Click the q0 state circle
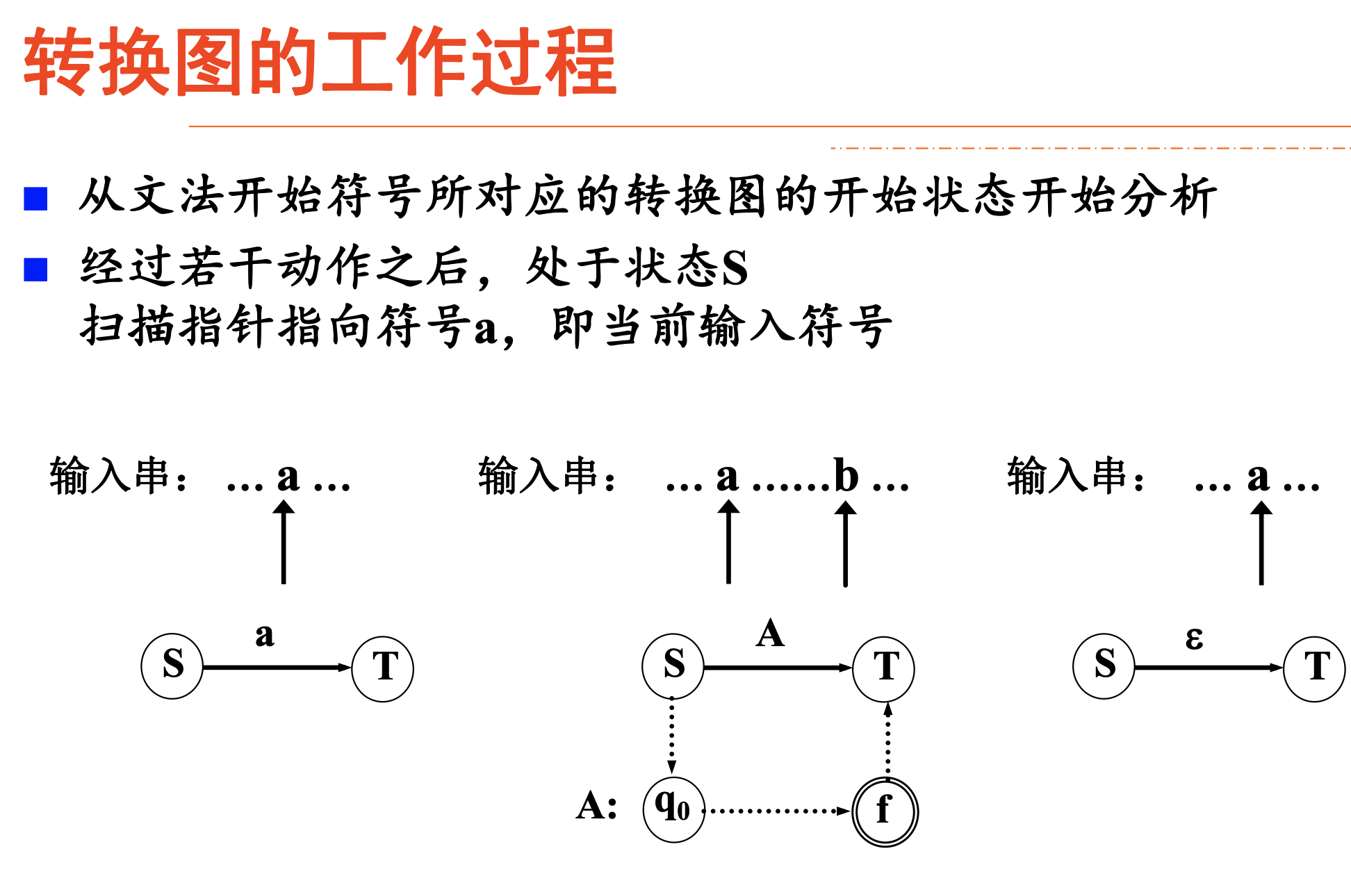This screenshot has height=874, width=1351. pyautogui.click(x=673, y=809)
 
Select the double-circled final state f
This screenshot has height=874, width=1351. pyautogui.click(x=885, y=811)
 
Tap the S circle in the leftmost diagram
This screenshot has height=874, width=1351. pyautogui.click(x=172, y=666)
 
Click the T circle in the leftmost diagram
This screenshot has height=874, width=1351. pyautogui.click(x=383, y=668)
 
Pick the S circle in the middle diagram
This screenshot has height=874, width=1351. pyautogui.click(x=673, y=666)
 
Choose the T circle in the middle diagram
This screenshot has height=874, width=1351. pyautogui.click(x=884, y=668)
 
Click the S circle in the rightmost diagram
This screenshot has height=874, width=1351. pyautogui.click(x=1104, y=666)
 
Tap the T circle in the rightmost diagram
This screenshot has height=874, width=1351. pyautogui.click(x=1314, y=668)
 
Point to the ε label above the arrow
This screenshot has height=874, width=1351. pyautogui.click(x=1194, y=638)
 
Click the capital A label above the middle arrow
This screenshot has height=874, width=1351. pyautogui.click(x=770, y=634)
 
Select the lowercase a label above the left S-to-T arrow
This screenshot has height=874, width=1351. pyautogui.click(x=264, y=635)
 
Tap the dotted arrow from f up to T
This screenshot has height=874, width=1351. pyautogui.click(x=887, y=740)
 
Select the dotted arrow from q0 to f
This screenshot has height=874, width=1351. pyautogui.click(x=777, y=811)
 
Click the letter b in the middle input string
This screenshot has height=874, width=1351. pyautogui.click(x=846, y=476)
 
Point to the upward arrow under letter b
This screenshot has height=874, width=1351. pyautogui.click(x=845, y=545)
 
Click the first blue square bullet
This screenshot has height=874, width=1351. pyautogui.click(x=35, y=199)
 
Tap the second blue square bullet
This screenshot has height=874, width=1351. pyautogui.click(x=35, y=270)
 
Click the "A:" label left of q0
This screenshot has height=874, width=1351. pyautogui.click(x=596, y=807)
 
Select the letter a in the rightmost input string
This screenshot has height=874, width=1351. pyautogui.click(x=1257, y=477)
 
